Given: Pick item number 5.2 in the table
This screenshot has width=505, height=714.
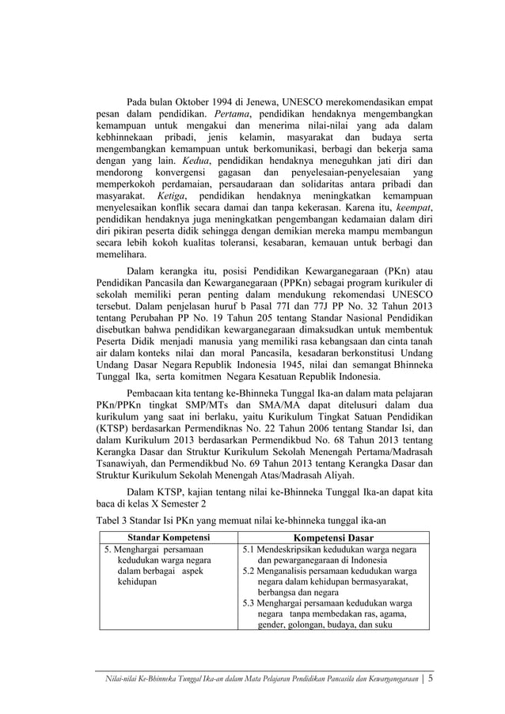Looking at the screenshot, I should coord(251,570).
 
